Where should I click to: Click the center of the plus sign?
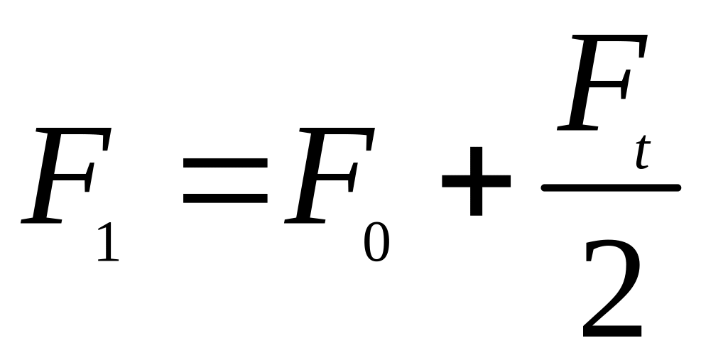[x=476, y=180]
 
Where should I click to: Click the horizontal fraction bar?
[x=611, y=187]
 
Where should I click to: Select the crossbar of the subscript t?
[x=642, y=146]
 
